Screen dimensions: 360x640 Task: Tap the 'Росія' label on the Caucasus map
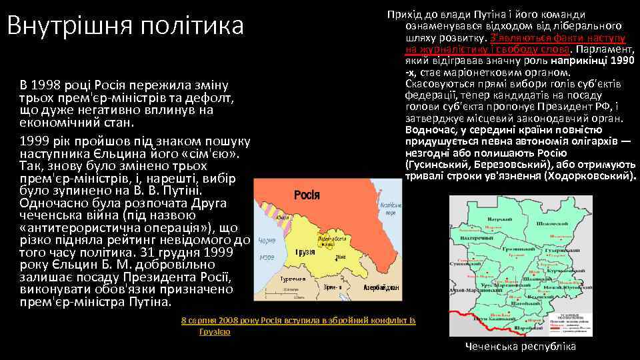[x=307, y=195]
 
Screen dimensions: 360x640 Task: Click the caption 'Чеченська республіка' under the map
[x=521, y=347]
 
